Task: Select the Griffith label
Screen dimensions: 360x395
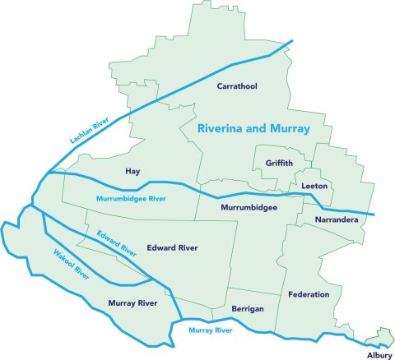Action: click(x=279, y=163)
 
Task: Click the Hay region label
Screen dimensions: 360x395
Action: click(x=132, y=171)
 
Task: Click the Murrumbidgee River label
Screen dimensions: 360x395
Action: click(x=125, y=200)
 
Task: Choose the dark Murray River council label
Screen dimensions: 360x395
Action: click(x=132, y=303)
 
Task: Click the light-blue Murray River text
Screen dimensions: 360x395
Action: click(x=211, y=330)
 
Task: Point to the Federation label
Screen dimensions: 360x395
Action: click(x=309, y=294)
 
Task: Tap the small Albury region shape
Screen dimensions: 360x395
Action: click(x=380, y=335)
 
